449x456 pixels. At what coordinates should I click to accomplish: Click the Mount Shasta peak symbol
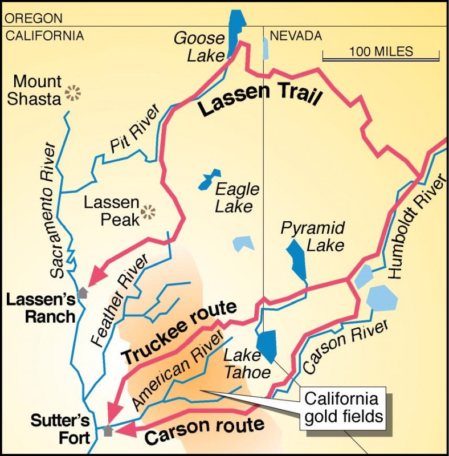coord(72,93)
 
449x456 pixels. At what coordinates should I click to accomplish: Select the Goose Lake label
coord(199,46)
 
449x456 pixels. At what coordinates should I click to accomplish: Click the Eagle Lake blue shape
coord(208,179)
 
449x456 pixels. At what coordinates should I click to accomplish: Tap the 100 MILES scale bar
coord(381,55)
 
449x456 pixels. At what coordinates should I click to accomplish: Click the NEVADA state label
coord(296,36)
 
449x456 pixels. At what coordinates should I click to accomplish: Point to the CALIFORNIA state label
coord(44,36)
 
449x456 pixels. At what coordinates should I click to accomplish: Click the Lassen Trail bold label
coord(260,102)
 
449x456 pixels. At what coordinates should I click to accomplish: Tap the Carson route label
coord(205,430)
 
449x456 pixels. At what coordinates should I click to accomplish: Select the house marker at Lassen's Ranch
coord(83,292)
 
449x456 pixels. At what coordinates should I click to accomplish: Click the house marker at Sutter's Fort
coord(108,430)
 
